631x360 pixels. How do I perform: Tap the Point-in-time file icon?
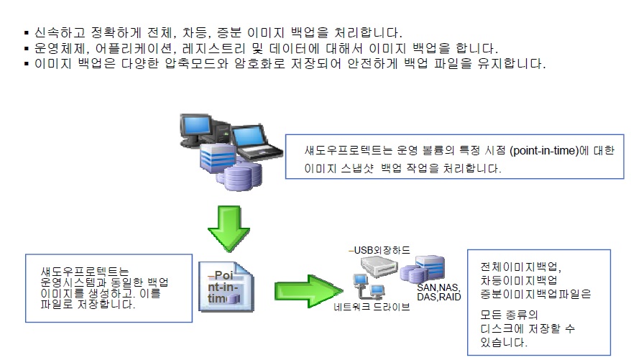tap(226, 288)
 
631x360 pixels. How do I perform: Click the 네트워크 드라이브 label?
tap(372, 307)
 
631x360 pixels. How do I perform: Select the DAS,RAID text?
tap(439, 296)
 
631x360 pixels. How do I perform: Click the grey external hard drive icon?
tap(374, 269)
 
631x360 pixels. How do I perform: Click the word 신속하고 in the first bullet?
tap(57, 33)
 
